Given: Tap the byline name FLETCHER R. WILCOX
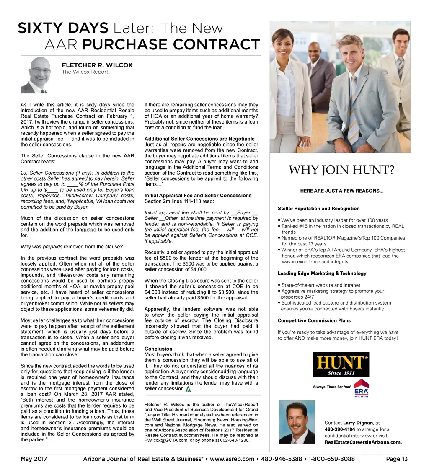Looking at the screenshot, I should coord(97,65).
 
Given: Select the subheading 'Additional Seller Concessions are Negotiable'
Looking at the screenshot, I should coord(199,139).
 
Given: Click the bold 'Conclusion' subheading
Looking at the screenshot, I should coord(158,349).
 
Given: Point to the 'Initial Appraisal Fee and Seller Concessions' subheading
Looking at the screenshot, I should coord(198,196).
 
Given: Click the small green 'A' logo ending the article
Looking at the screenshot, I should coord(188,389).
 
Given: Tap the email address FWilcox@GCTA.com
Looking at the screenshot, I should coord(165,441).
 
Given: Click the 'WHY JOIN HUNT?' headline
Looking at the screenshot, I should coord(341,170).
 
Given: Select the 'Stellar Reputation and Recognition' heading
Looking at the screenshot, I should coord(318,208).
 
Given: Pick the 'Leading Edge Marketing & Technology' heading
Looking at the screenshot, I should coord(322,274).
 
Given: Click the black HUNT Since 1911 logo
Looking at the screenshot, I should coord(341,364).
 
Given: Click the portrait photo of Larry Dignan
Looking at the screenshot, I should coord(297,422).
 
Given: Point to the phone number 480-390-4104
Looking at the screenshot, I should coord(340,429).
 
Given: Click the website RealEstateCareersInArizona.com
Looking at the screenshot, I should coord(363,442).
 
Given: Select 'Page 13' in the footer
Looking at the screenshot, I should coord(397,459).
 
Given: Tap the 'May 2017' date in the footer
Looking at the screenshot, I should coord(34,459).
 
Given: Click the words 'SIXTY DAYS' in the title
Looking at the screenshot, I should coord(63,28).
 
